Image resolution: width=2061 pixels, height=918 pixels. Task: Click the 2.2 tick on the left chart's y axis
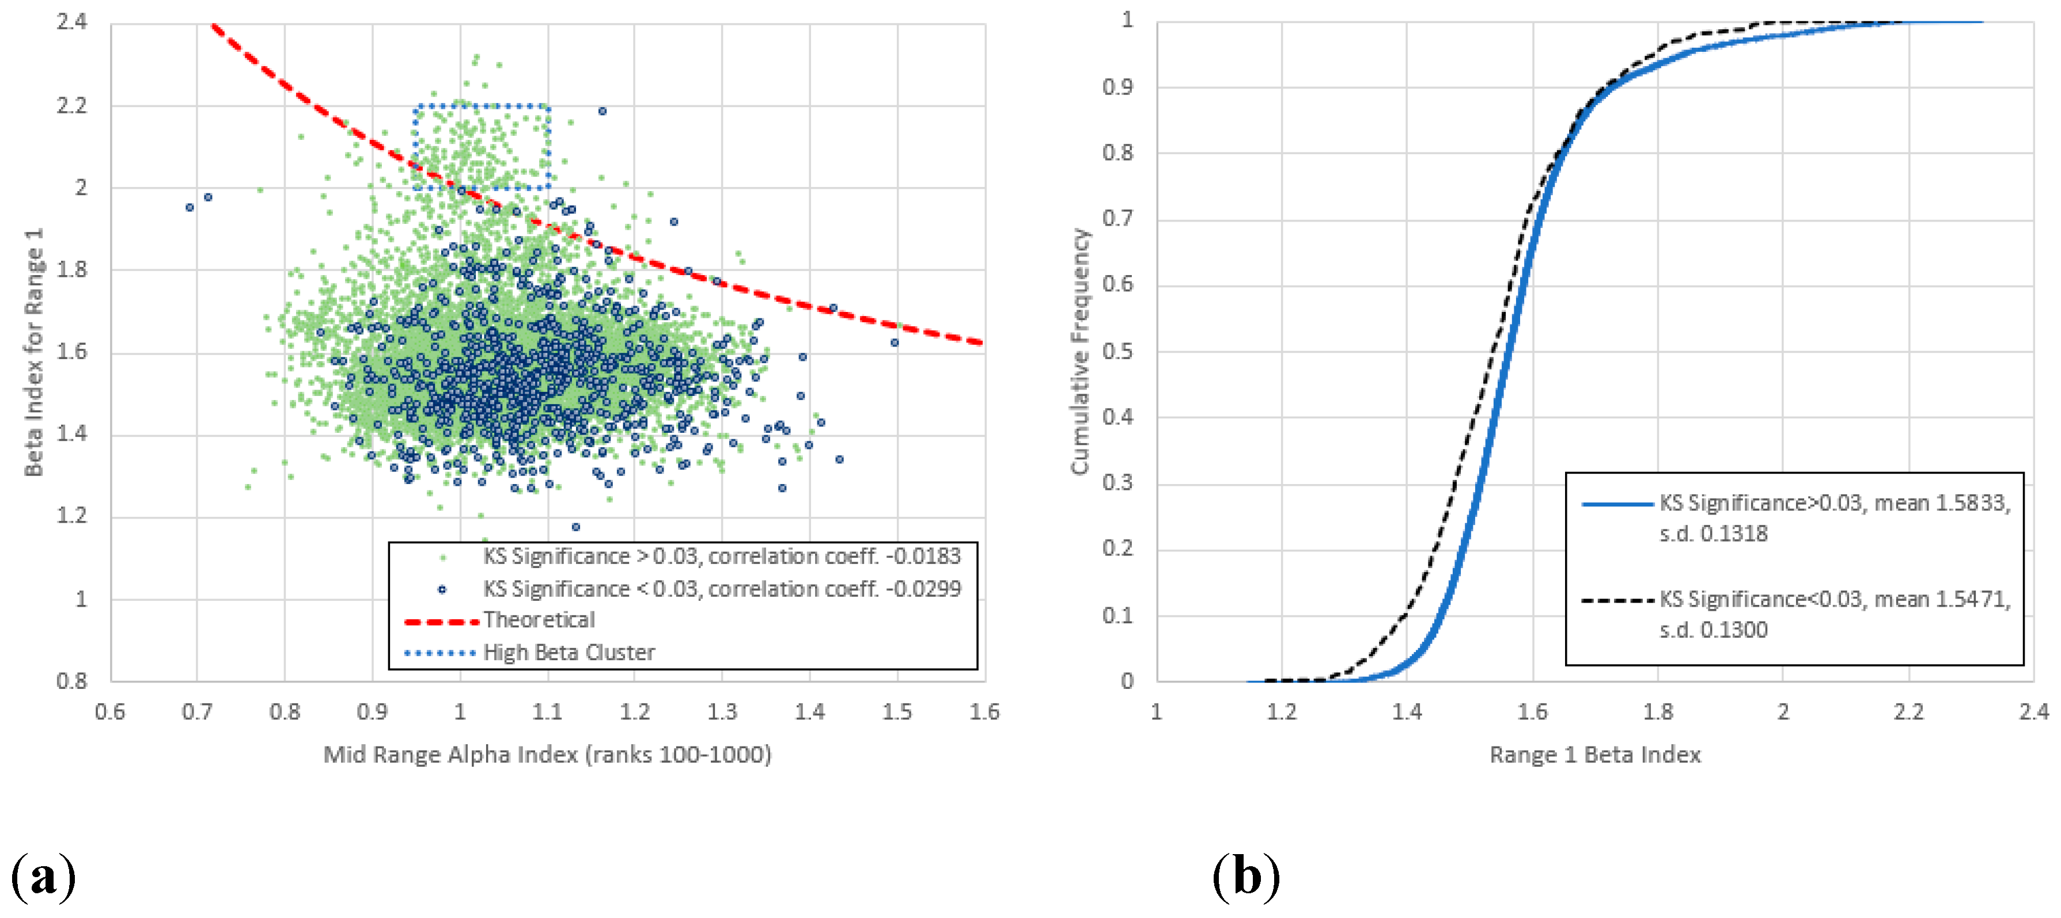click(71, 105)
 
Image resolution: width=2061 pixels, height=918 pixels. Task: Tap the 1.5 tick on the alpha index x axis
click(897, 711)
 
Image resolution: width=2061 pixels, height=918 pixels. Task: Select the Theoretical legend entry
click(539, 620)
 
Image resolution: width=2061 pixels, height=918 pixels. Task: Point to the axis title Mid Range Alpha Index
click(547, 754)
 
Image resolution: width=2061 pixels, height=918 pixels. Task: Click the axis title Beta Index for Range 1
click(33, 352)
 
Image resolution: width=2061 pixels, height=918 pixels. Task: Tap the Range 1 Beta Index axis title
click(1594, 754)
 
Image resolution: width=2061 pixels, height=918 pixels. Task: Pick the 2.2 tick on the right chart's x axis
click(1908, 711)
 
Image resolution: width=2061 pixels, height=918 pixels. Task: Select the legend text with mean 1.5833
click(1834, 517)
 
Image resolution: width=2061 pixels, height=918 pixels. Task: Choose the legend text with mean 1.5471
click(1834, 614)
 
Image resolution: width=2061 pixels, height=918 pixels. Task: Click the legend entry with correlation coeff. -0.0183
click(721, 556)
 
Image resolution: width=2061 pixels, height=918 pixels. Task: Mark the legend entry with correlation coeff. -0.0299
click(721, 589)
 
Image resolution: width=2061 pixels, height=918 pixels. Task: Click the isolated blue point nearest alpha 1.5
click(895, 343)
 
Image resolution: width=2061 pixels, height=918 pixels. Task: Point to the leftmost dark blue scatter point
click(190, 208)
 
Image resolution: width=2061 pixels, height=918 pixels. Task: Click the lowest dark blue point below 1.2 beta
click(575, 527)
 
